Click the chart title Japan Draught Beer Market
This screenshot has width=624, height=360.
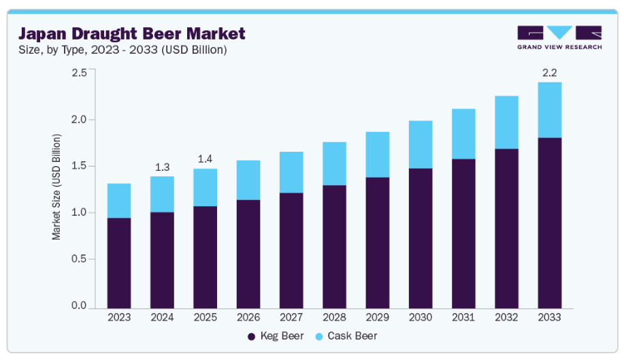(131, 33)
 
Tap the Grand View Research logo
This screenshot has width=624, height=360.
(559, 37)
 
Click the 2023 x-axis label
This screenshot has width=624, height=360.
(119, 317)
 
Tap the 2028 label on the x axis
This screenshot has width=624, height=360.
(334, 317)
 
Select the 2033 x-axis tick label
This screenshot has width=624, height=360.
(549, 317)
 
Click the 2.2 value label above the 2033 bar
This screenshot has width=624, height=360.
(549, 72)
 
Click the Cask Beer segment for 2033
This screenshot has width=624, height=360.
(549, 110)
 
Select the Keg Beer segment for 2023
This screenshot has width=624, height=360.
(119, 263)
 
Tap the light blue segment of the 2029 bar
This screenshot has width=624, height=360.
(377, 154)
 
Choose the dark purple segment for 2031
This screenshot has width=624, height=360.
(463, 233)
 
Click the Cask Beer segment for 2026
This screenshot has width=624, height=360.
(248, 180)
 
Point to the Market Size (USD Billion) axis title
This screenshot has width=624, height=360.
(57, 186)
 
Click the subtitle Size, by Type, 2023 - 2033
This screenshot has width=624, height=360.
(122, 50)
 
